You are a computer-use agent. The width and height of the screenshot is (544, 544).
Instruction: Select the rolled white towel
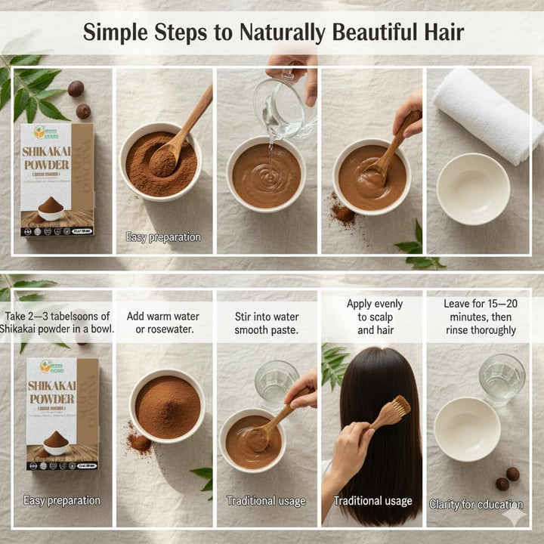[487, 113]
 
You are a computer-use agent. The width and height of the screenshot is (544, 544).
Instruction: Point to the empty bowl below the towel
[474, 188]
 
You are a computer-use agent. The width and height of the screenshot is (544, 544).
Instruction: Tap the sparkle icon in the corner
[515, 517]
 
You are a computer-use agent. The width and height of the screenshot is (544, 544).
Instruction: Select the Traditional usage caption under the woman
[373, 501]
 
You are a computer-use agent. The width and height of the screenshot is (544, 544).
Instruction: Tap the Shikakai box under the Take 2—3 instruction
[62, 413]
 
